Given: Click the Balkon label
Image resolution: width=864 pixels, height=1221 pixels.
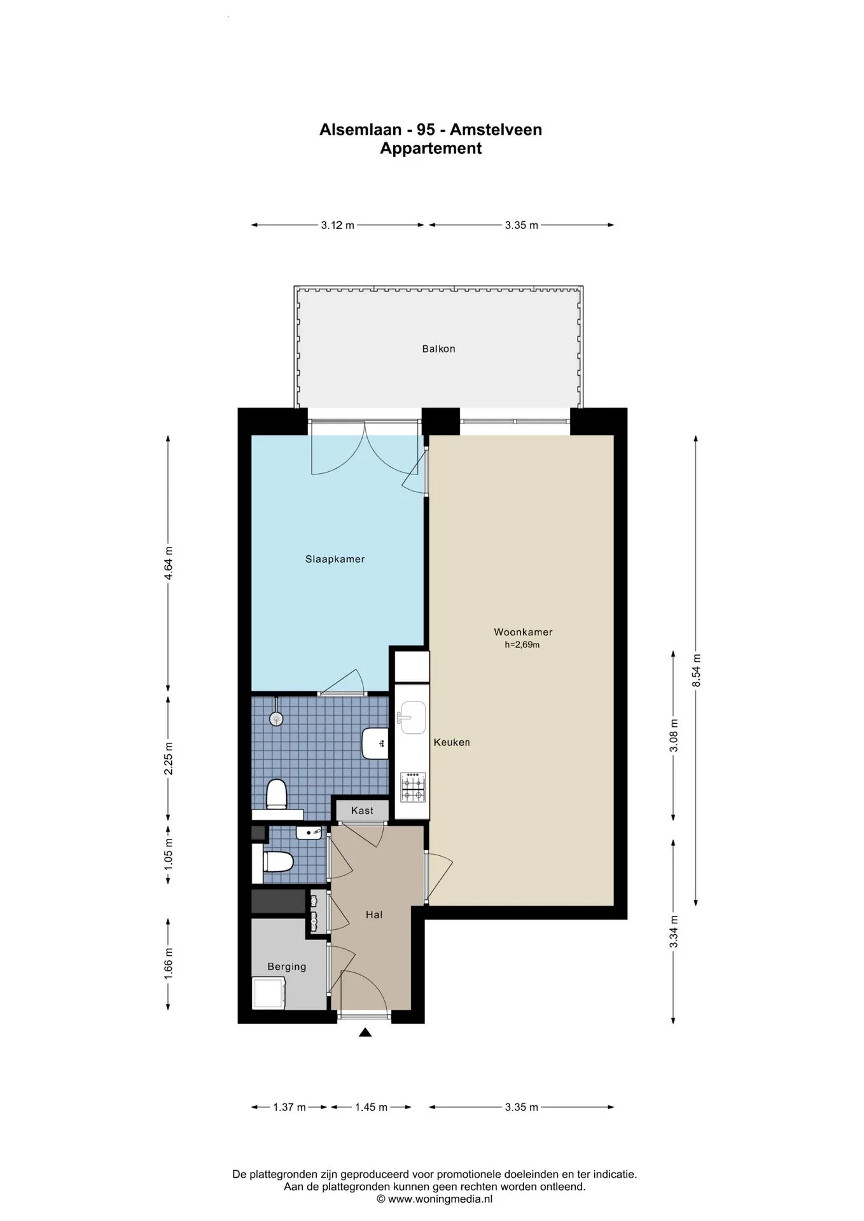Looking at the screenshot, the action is (438, 348).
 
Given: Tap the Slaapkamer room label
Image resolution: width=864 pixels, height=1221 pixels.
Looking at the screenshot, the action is (335, 559).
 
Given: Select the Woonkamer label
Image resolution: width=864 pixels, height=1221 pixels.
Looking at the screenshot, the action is (523, 632).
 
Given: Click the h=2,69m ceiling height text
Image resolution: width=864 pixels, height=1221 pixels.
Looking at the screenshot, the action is (522, 645).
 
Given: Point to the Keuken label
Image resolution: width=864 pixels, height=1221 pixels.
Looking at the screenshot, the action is (452, 742).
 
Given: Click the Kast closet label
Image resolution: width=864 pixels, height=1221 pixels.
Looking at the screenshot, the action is (362, 810).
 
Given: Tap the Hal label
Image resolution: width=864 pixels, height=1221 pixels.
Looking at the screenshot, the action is (374, 914).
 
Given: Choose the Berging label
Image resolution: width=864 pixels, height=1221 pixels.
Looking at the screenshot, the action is (286, 967).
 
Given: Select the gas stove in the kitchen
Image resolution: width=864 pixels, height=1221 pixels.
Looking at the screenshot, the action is (412, 787).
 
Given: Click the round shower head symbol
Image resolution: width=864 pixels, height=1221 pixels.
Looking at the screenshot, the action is (276, 718).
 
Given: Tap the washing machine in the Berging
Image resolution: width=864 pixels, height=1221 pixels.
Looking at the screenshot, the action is (270, 993).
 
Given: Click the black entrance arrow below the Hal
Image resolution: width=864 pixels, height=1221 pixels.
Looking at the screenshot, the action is (365, 1032).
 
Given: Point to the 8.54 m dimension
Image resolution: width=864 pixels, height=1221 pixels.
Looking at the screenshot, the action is (696, 670).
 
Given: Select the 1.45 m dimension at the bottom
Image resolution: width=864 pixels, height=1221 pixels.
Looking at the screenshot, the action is (371, 1107).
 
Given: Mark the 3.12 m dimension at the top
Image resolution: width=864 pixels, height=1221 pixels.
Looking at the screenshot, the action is (337, 224).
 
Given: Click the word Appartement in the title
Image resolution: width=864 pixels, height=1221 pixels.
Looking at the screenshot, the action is (431, 148).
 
